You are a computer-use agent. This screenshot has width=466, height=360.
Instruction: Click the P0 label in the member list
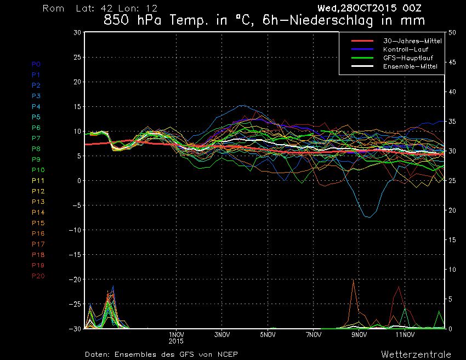coord(36,64)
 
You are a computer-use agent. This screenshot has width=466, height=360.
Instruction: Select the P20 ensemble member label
coord(38,276)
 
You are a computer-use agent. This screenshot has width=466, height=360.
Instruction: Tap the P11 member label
coord(38,180)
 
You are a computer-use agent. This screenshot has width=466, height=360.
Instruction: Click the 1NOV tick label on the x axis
coord(175,334)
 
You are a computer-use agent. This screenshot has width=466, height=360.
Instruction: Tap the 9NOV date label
coord(359,334)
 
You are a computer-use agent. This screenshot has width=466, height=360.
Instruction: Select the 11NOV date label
coord(405,334)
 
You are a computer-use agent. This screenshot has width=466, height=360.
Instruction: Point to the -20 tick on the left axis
coord(76,279)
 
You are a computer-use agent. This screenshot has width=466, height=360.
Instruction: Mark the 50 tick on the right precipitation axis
coord(452,32)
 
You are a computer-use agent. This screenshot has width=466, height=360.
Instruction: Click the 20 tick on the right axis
coord(452,210)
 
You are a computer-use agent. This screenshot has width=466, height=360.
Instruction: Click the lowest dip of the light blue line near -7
coord(368,217)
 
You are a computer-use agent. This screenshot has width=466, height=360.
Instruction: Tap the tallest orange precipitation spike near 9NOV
coord(354,280)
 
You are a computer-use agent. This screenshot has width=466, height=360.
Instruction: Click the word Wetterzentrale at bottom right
coord(416,354)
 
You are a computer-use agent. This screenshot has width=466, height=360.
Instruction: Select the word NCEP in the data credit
coord(226,354)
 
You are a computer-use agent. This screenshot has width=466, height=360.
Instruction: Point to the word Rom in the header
coord(53,9)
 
